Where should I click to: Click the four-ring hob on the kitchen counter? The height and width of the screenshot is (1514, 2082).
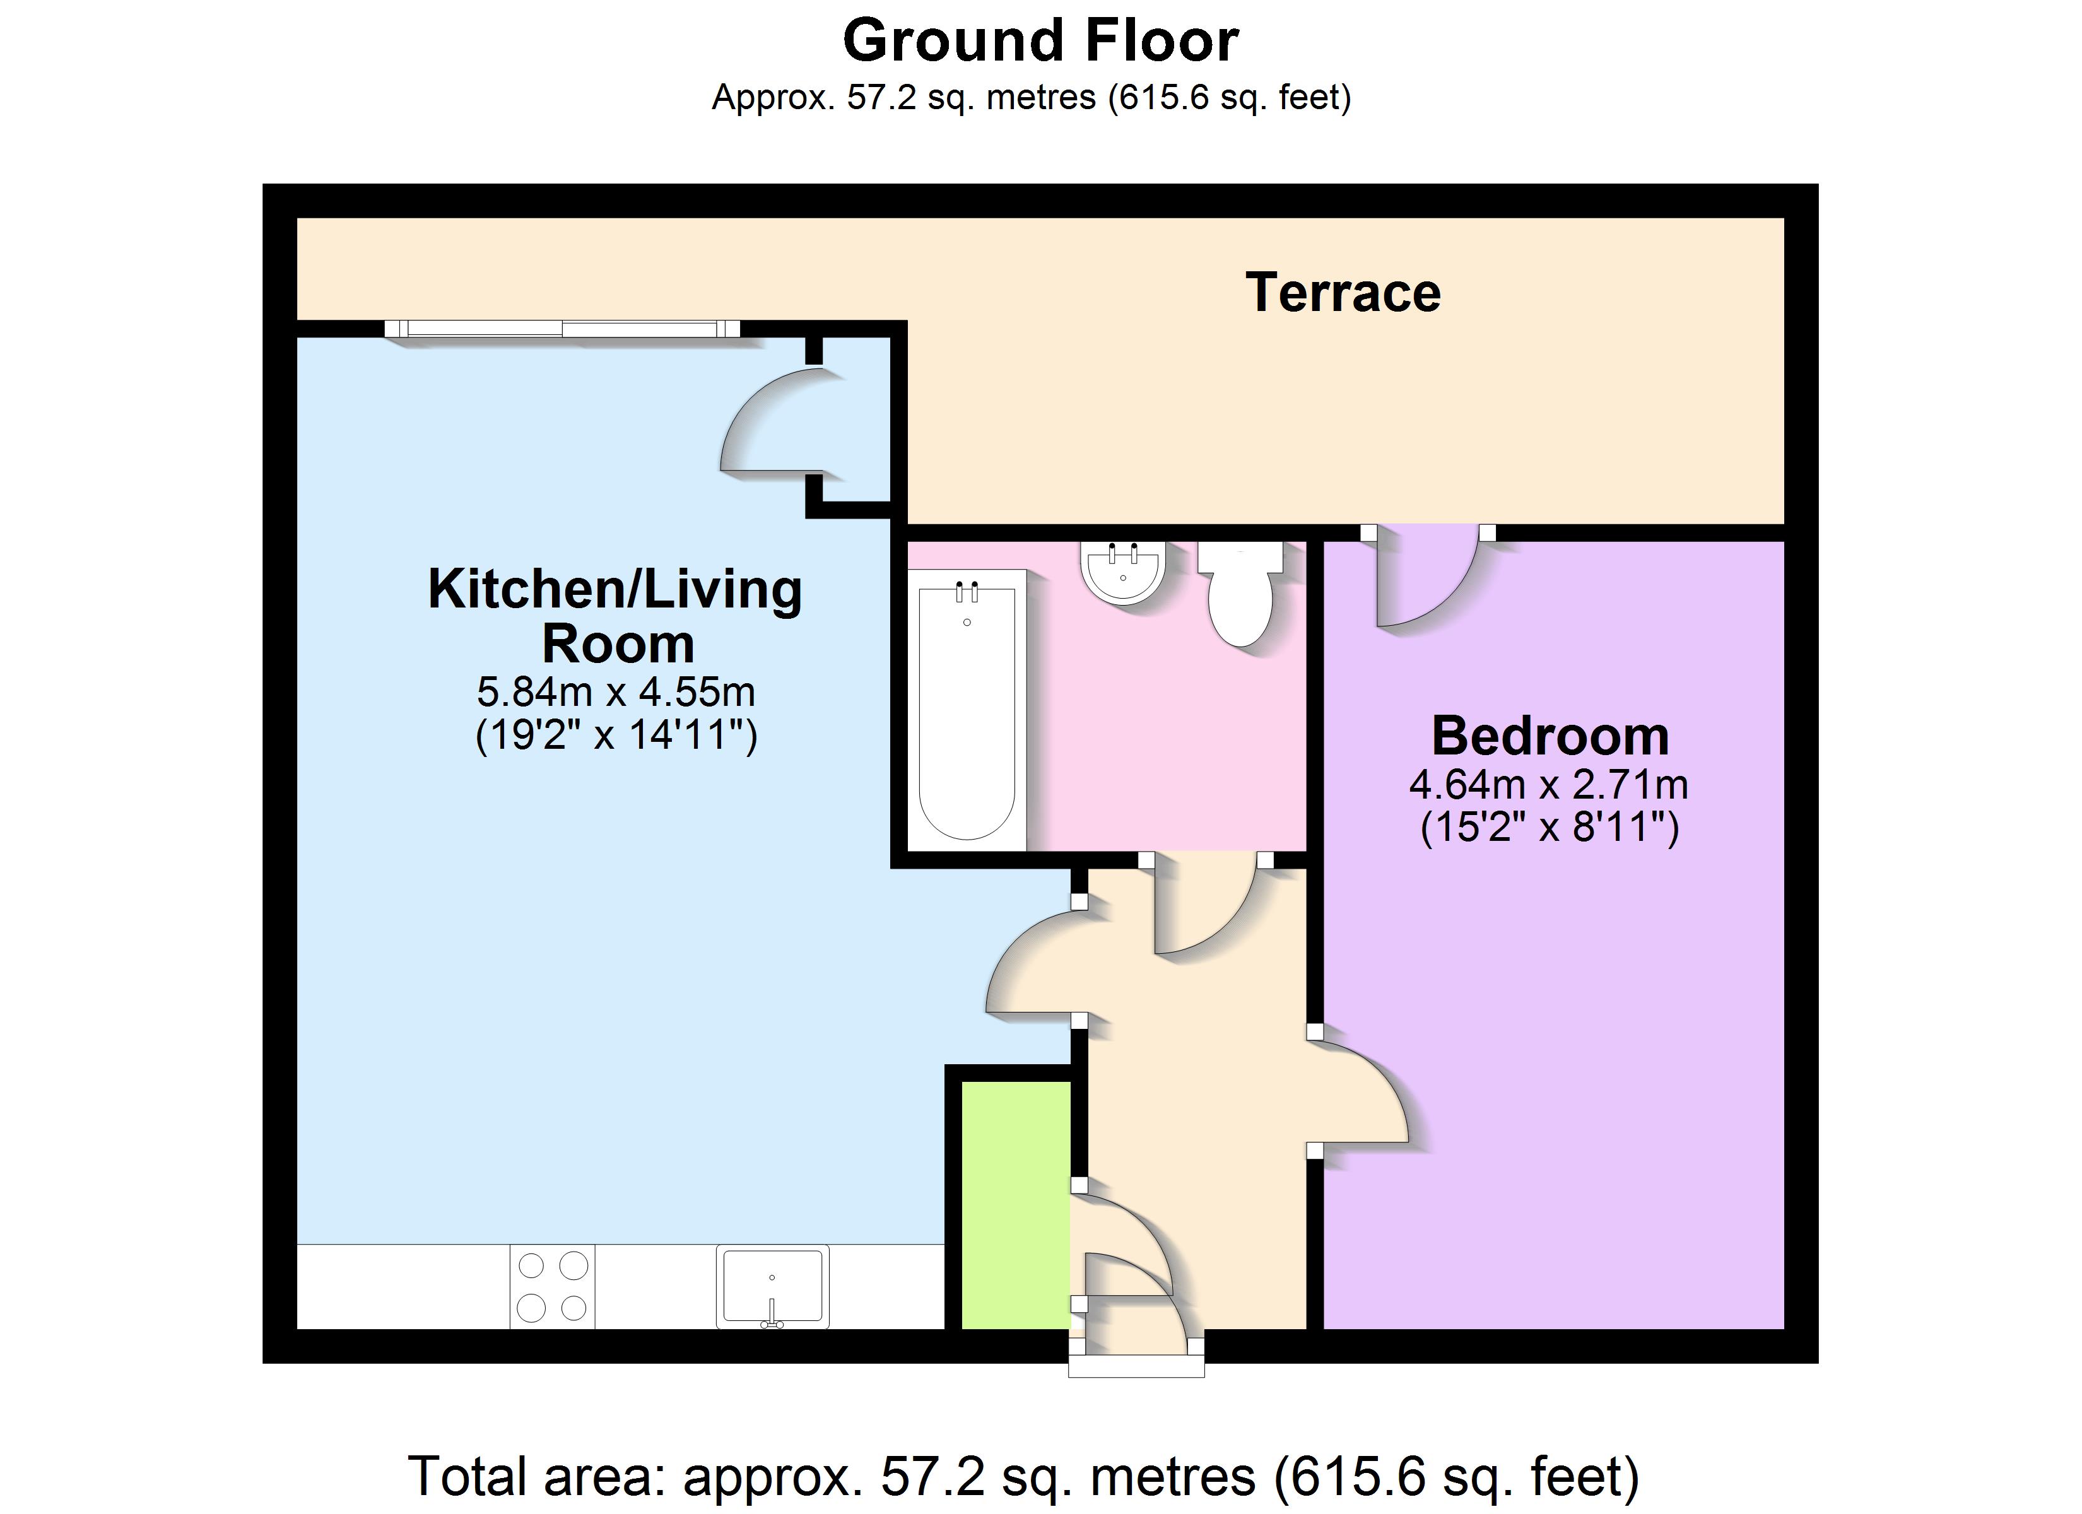[553, 1286]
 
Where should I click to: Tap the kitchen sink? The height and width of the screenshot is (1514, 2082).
[772, 1286]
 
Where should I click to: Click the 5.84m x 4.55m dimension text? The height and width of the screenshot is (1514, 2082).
[616, 691]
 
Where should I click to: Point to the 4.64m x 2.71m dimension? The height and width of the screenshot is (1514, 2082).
[1550, 784]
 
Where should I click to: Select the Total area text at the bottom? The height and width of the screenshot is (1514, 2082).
[1023, 1476]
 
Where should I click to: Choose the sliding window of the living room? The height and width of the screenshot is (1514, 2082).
[562, 329]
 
